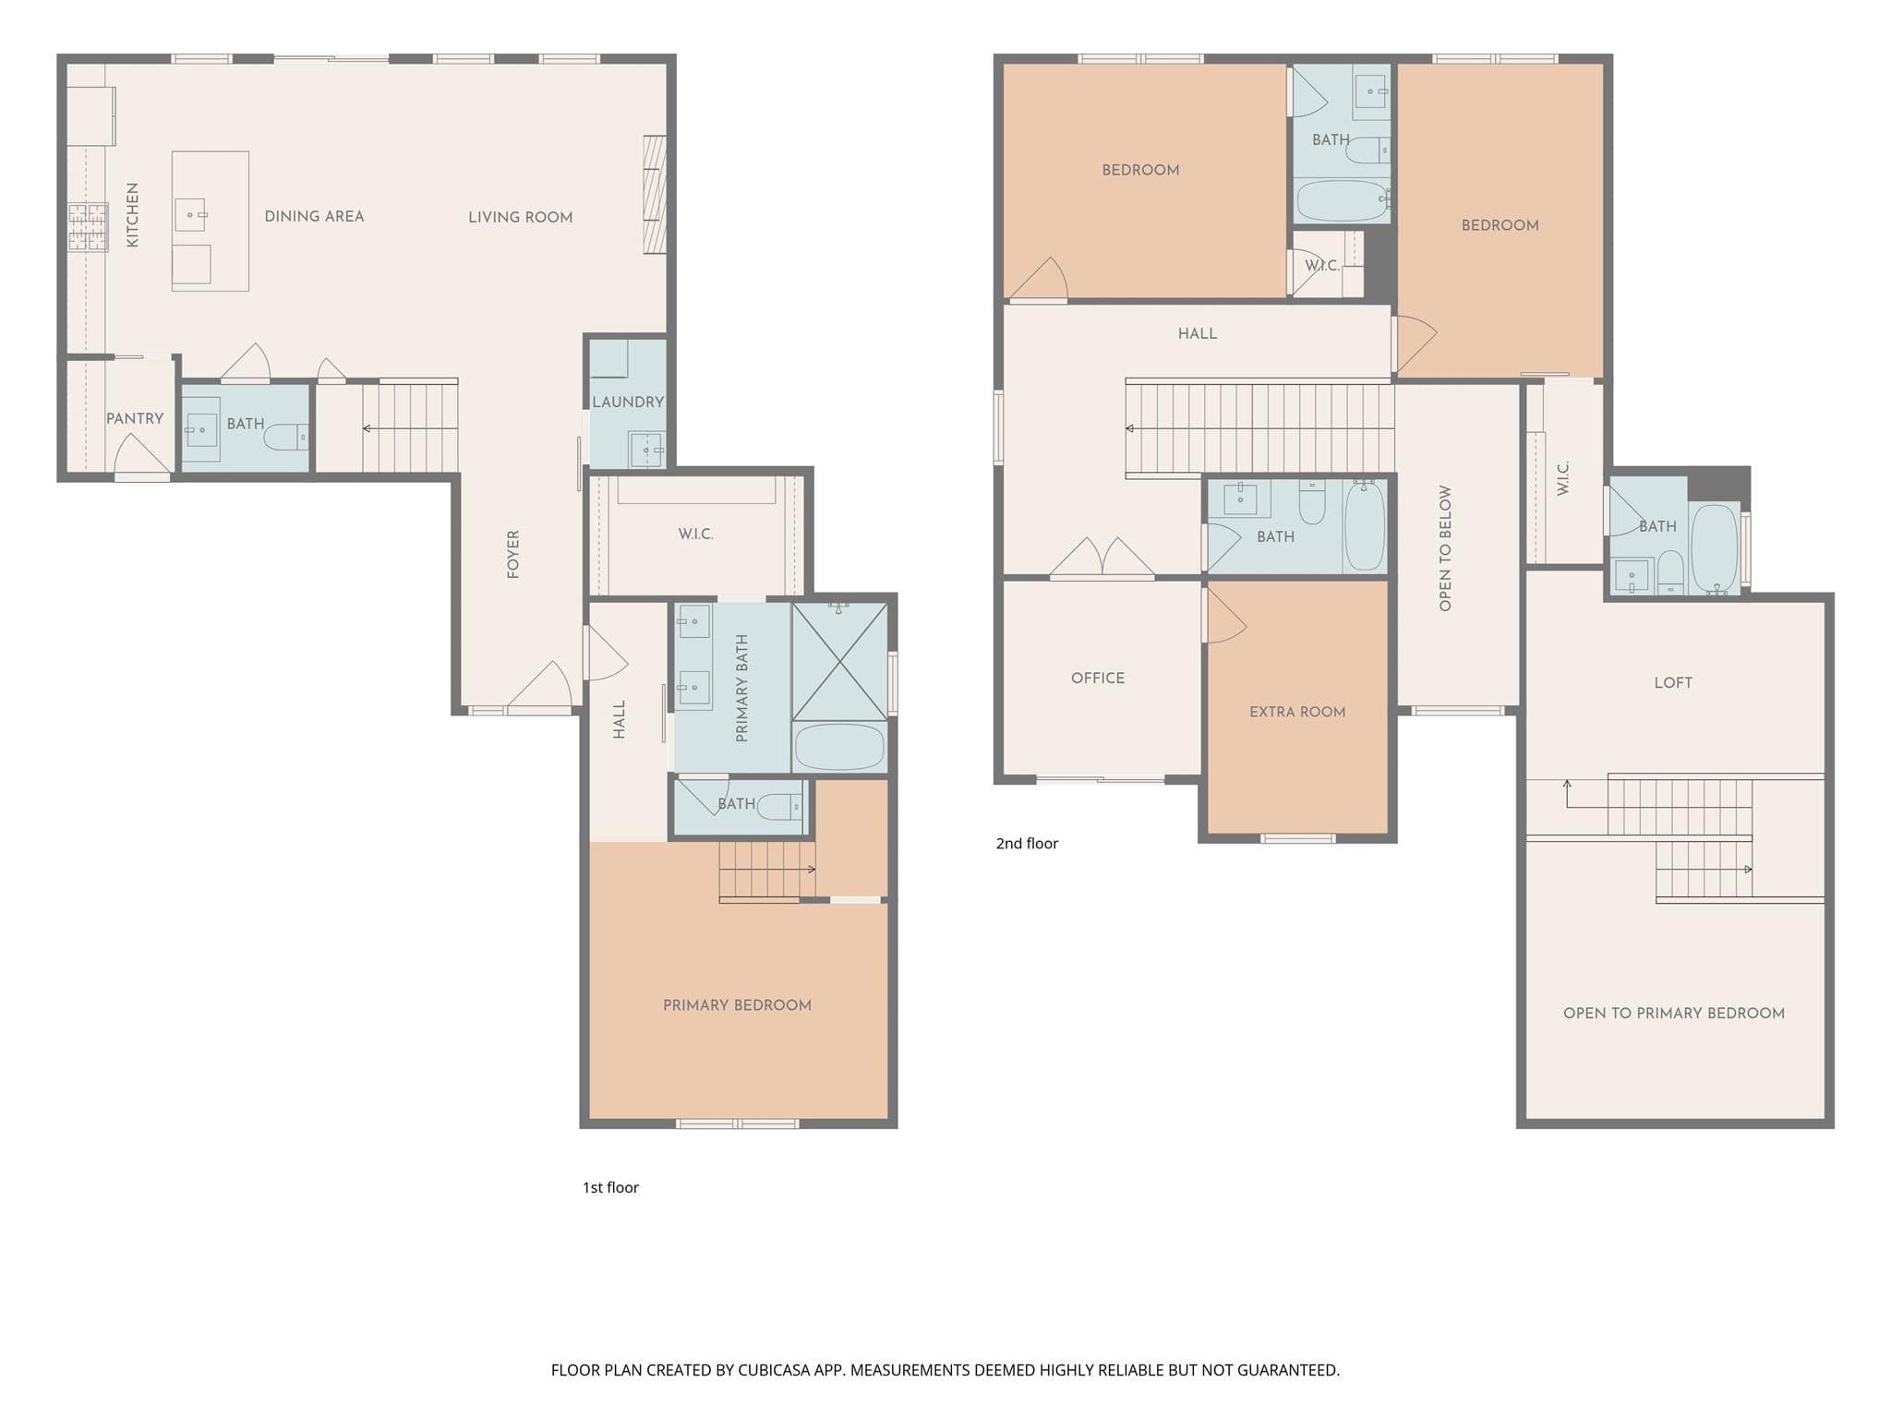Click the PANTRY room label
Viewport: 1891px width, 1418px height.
click(135, 419)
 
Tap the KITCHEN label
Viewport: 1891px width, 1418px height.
click(133, 215)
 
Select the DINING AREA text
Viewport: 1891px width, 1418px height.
click(314, 216)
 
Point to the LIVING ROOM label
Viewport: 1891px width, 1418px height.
click(520, 217)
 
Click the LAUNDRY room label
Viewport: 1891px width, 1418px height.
click(628, 402)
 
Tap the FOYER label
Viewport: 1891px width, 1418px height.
click(513, 554)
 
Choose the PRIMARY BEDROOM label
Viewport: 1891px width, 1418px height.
click(737, 1005)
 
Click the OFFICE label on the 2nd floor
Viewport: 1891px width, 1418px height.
click(1098, 678)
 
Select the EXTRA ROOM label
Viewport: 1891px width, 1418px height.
click(1297, 712)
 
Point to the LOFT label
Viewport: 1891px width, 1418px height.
click(1673, 683)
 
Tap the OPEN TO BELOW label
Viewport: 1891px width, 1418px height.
click(1445, 548)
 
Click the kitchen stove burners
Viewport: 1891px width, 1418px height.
click(88, 227)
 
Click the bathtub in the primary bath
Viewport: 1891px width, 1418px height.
click(839, 747)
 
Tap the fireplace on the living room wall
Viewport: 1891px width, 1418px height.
click(655, 195)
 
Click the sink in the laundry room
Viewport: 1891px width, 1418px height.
click(646, 449)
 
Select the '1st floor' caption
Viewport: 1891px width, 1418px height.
click(610, 1187)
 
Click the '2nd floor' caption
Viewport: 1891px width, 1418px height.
click(1027, 843)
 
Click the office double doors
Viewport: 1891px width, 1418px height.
click(1102, 559)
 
